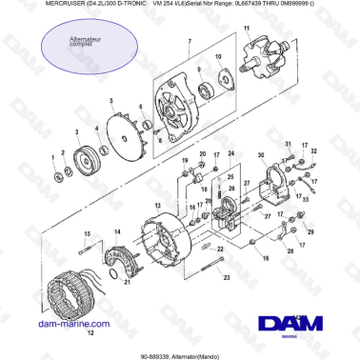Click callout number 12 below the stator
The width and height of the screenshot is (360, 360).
click(x=91, y=334)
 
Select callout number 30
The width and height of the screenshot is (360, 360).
click(x=261, y=154)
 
